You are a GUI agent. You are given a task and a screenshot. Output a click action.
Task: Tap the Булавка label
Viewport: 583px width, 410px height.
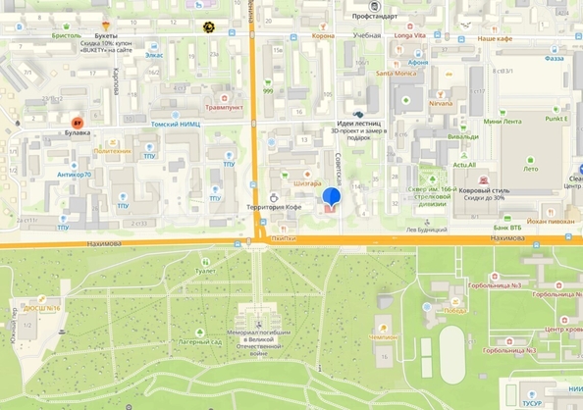point(77,130)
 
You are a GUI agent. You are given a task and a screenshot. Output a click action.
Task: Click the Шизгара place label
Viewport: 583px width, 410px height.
point(309,183)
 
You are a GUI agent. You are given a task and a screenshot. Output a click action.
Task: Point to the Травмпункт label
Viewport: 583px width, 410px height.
point(223,107)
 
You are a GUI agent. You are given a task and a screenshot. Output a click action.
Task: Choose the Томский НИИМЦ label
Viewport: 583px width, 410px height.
point(177,125)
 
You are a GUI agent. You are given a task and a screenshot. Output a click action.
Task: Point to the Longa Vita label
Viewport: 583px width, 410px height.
point(410,35)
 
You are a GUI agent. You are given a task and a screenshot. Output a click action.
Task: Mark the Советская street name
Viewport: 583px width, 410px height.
point(339,169)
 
